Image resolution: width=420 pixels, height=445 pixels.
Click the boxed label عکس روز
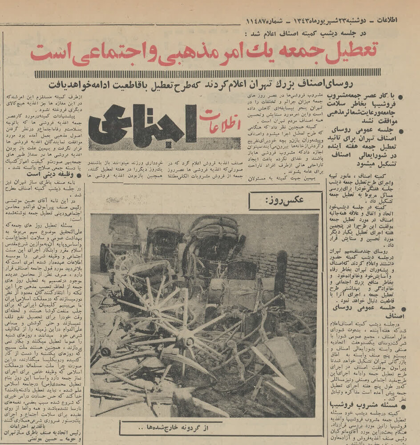[285, 200]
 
